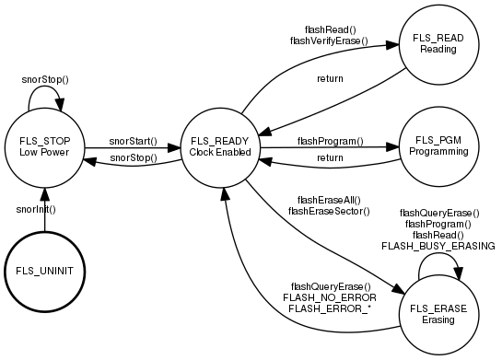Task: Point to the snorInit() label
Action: point(36,210)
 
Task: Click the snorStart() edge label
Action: point(134,141)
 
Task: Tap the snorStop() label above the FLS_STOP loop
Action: point(45,80)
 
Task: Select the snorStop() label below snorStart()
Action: point(134,157)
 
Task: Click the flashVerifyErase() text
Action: point(329,41)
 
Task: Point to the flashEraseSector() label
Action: point(329,211)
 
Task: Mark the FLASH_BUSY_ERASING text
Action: point(438,246)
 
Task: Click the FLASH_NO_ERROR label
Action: point(330,297)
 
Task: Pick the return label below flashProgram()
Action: point(330,157)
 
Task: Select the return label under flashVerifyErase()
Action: point(330,78)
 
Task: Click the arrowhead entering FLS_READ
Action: point(392,45)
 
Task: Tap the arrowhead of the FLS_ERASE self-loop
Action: point(458,274)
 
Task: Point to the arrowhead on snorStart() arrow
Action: point(174,148)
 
